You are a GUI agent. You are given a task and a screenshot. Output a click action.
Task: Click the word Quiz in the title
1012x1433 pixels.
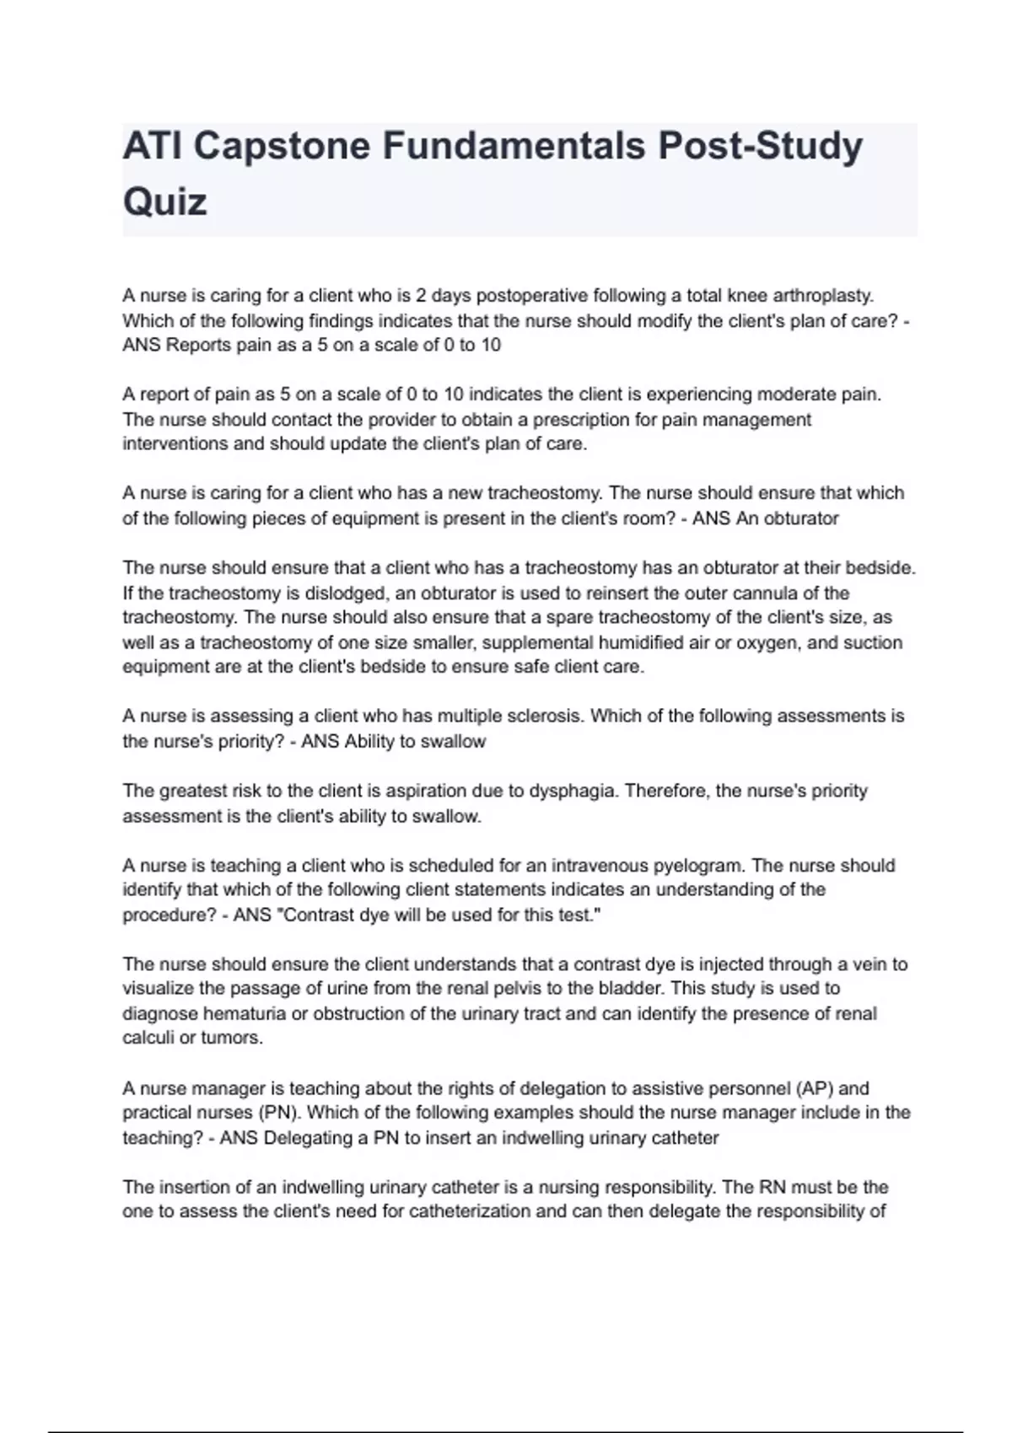[165, 202]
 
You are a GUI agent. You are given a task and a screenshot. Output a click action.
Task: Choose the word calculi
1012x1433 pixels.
[148, 1038]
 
